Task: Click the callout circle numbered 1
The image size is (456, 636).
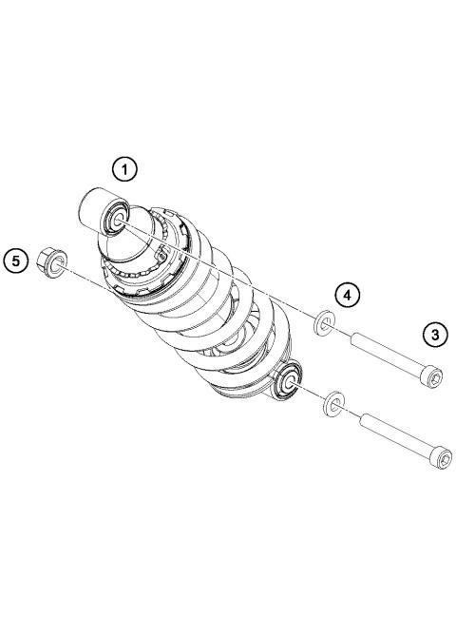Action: click(x=123, y=169)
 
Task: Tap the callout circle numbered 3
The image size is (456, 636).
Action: click(x=435, y=335)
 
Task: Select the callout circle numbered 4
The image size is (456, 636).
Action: click(x=349, y=295)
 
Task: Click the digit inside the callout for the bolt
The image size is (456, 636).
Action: click(x=435, y=335)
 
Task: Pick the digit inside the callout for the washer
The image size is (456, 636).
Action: click(x=349, y=295)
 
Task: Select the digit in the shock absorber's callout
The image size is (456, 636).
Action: click(x=123, y=169)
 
